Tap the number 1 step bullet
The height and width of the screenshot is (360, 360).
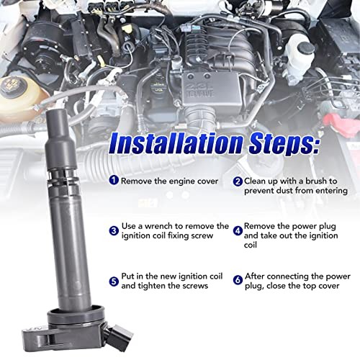(114, 180)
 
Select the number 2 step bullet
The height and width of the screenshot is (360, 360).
(238, 181)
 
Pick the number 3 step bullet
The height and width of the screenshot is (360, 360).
(114, 231)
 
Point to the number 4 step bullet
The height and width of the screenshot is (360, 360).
(238, 231)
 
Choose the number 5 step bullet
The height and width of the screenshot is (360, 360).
(114, 282)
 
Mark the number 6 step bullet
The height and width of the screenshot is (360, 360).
(238, 280)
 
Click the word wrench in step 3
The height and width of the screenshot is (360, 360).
(158, 226)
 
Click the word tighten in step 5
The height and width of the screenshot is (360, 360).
(152, 286)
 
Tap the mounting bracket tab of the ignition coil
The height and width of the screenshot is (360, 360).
(38, 339)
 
